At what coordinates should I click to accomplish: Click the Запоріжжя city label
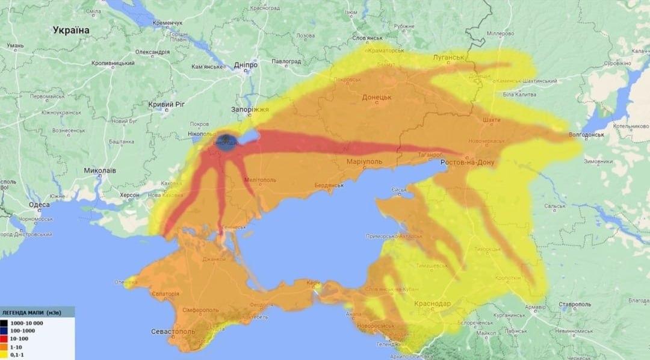click(250, 110)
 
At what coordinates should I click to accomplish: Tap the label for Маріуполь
click(365, 163)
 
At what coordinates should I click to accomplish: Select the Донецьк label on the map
click(377, 97)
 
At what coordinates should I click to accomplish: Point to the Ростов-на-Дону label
click(468, 163)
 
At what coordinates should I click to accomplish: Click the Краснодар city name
click(432, 303)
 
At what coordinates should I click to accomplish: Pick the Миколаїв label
click(100, 170)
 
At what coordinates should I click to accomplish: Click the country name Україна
click(71, 30)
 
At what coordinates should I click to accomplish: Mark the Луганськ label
click(448, 57)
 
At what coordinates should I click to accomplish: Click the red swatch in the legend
click(5, 340)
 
